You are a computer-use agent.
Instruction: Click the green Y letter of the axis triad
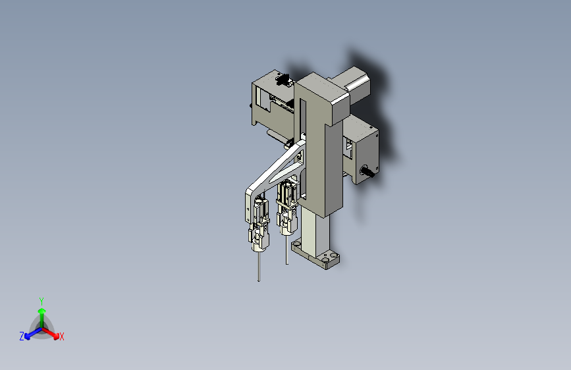point(41,302)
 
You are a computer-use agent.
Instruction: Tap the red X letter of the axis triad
point(61,336)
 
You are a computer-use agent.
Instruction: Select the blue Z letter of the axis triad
point(22,336)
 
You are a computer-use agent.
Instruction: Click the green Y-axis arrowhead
point(42,311)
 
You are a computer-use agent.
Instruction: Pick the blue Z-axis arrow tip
point(27,336)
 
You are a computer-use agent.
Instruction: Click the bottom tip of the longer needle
point(259,280)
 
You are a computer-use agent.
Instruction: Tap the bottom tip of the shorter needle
point(286,263)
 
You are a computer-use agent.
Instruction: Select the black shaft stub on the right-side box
point(367,172)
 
